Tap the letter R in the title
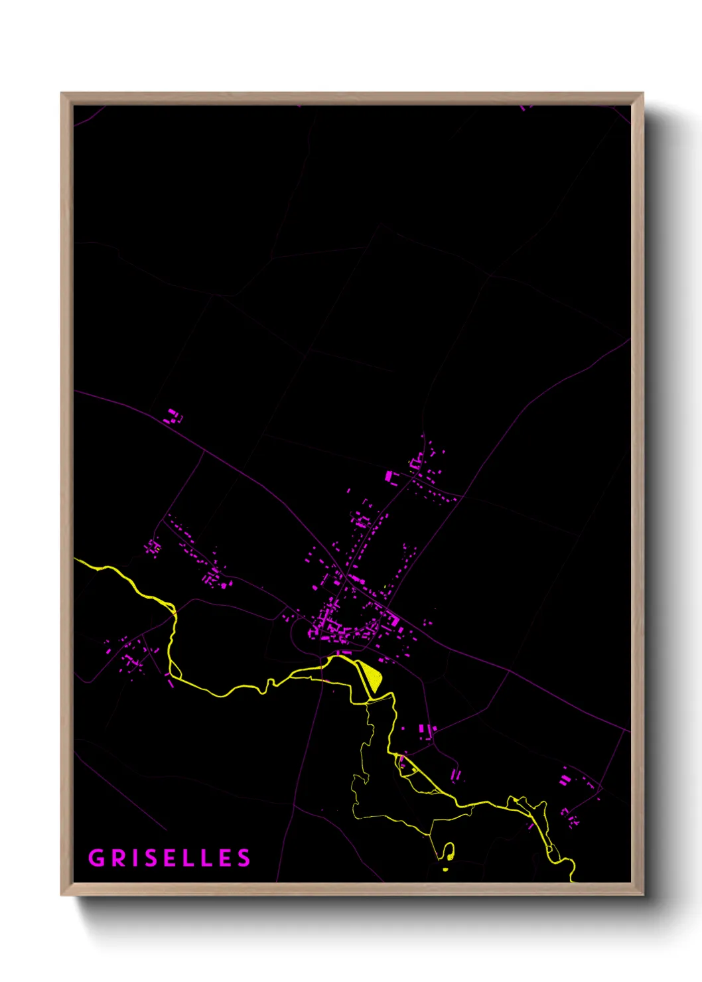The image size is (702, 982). (119, 858)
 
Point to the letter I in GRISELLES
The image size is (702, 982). (136, 858)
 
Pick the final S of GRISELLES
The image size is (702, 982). (244, 858)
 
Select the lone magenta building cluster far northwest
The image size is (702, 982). (173, 417)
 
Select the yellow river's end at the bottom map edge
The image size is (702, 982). (572, 880)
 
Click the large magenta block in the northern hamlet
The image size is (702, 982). (389, 476)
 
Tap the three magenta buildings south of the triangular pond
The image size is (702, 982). (425, 731)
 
